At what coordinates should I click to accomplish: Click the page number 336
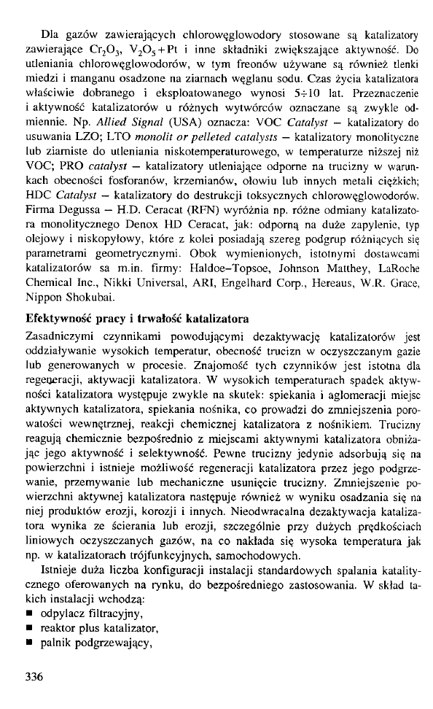pos(34,676)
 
